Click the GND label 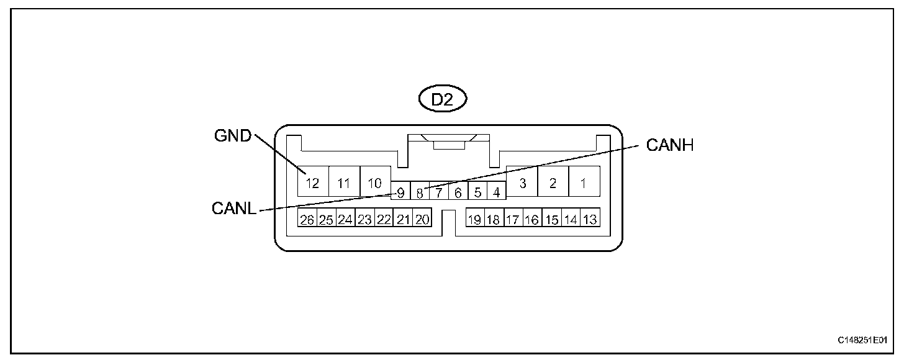pos(233,136)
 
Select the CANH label pos(670,145)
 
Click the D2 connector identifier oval pos(442,100)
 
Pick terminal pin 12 pos(312,182)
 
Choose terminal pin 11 pos(344,182)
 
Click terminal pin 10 pos(375,182)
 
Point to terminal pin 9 pos(401,192)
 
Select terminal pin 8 pos(420,192)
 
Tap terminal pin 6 pos(458,192)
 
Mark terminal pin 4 pos(496,192)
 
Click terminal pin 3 pos(522,182)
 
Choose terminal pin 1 pos(584,182)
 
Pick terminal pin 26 pos(307,219)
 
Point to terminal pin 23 pos(364,219)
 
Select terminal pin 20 pos(422,219)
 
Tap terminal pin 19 pos(475,219)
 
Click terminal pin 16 pos(532,219)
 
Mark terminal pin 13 pos(590,219)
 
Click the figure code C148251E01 pos(862,340)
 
